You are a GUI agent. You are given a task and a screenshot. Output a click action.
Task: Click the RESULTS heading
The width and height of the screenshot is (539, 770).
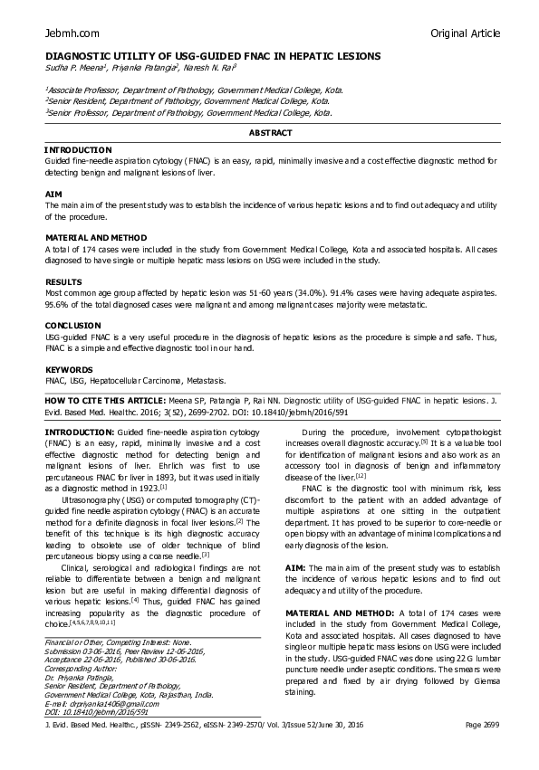point(63,282)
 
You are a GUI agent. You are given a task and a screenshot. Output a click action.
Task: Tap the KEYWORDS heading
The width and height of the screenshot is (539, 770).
point(68,370)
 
